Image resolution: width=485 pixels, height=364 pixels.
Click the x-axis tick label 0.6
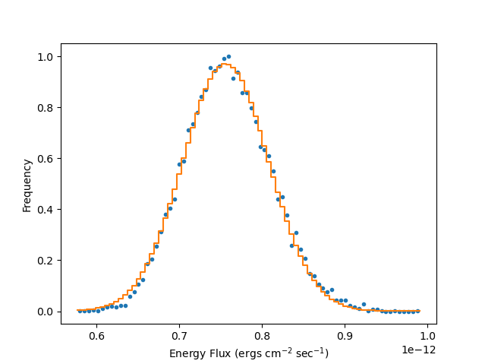pyautogui.click(x=96, y=335)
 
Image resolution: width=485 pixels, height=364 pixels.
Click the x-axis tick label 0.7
pyautogui.click(x=179, y=335)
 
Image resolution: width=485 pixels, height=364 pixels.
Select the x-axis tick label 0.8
pyautogui.click(x=262, y=335)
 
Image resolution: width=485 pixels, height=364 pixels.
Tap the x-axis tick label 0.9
pyautogui.click(x=345, y=335)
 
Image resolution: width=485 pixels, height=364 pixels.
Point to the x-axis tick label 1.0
pyautogui.click(x=427, y=335)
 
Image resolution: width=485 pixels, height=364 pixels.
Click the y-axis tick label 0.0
pyautogui.click(x=46, y=312)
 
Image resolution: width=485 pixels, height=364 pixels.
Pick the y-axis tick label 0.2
pyautogui.click(x=46, y=261)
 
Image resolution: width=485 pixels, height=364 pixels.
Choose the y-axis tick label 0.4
pyautogui.click(x=46, y=210)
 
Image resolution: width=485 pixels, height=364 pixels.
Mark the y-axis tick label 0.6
pyautogui.click(x=46, y=159)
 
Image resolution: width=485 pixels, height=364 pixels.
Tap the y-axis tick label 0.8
pyautogui.click(x=46, y=108)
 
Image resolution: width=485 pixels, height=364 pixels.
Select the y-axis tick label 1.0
pyautogui.click(x=46, y=57)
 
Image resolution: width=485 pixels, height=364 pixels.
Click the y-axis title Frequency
pyautogui.click(x=27, y=185)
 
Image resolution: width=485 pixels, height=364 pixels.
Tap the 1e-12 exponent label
pyautogui.click(x=419, y=350)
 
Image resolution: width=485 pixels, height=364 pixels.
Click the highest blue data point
pyautogui.click(x=228, y=56)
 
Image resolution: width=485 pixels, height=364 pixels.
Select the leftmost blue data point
pyautogui.click(x=80, y=311)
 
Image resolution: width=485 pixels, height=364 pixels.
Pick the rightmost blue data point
pyautogui.click(x=417, y=311)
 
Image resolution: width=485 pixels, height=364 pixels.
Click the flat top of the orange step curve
pyautogui.click(x=226, y=65)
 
